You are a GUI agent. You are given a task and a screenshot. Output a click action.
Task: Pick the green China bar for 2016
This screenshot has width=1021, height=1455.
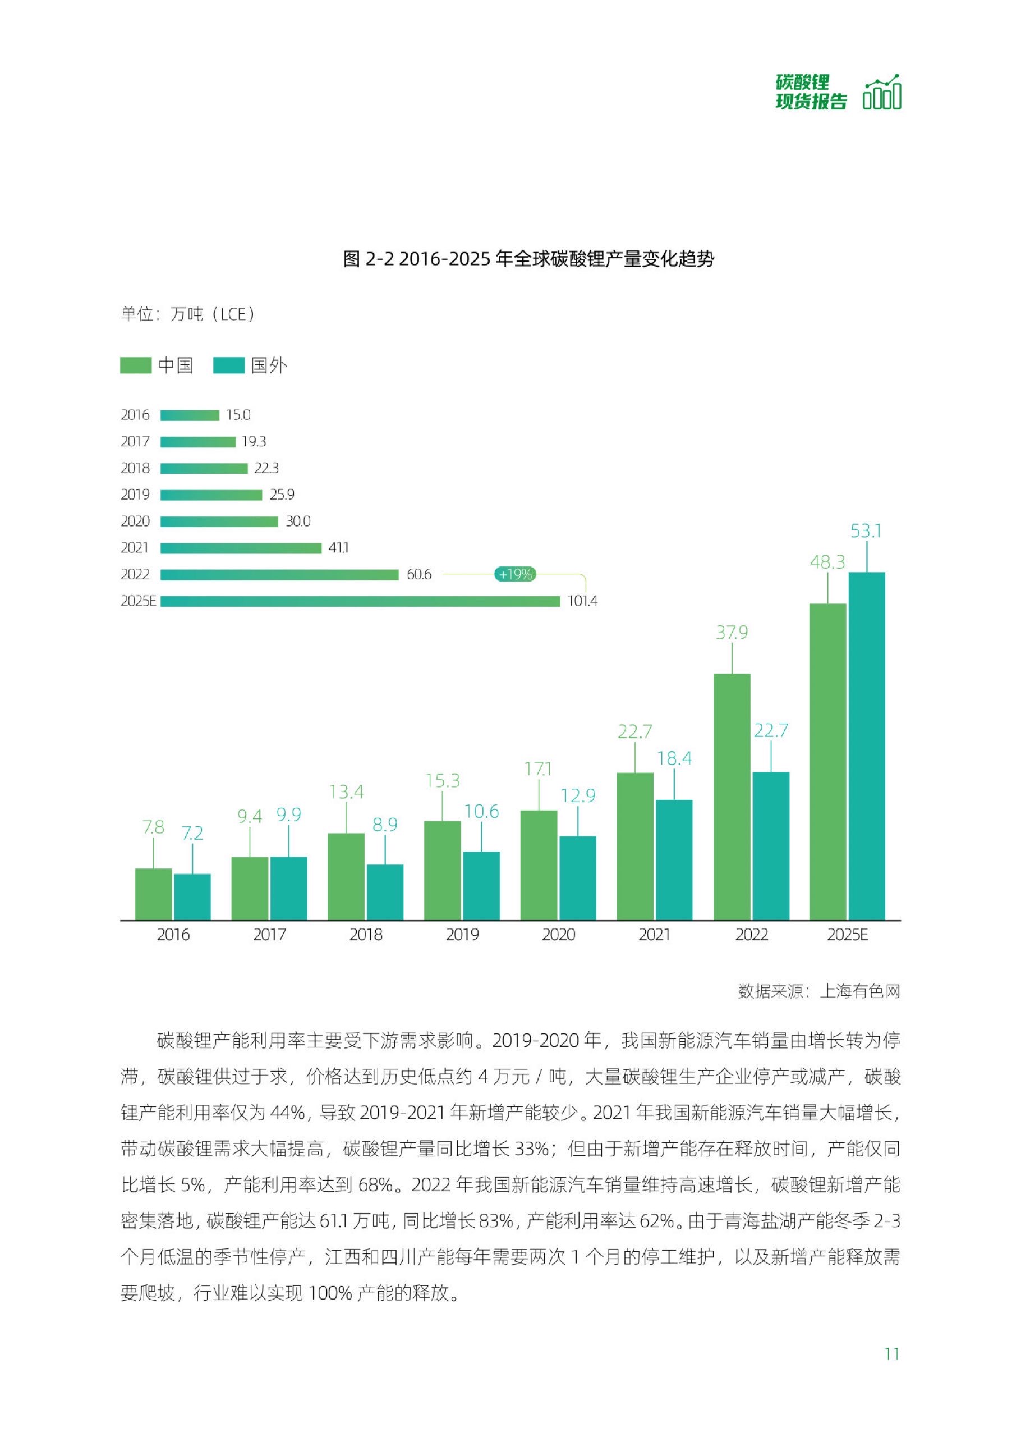153,894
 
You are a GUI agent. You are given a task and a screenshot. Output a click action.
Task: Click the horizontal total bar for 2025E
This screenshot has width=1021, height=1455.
360,601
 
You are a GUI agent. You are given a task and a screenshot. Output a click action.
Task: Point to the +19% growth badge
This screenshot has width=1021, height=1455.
515,574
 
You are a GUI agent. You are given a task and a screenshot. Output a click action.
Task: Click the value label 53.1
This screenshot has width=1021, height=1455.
866,531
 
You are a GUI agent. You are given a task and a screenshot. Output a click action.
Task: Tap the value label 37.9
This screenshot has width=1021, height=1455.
732,633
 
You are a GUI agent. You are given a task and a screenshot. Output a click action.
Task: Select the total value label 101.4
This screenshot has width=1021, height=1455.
582,601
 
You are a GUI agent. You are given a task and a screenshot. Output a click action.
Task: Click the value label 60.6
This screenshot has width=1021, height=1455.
418,574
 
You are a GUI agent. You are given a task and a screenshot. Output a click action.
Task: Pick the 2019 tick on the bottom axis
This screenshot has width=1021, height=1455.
462,935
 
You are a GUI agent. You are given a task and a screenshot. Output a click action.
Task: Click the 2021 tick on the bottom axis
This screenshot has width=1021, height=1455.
654,935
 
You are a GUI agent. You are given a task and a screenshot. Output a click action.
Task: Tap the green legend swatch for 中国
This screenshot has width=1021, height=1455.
136,365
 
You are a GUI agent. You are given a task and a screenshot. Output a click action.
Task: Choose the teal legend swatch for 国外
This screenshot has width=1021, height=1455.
229,365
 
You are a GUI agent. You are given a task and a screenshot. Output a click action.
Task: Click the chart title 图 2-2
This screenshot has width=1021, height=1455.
528,259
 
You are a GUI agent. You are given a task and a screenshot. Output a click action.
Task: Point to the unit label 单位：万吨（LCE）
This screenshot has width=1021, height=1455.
188,314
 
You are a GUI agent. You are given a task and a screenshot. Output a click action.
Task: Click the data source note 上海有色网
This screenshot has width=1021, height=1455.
818,992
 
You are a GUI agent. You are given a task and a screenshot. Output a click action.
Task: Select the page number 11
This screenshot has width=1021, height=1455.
891,1355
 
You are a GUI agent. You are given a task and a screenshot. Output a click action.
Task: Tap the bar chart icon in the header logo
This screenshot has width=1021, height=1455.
882,93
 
